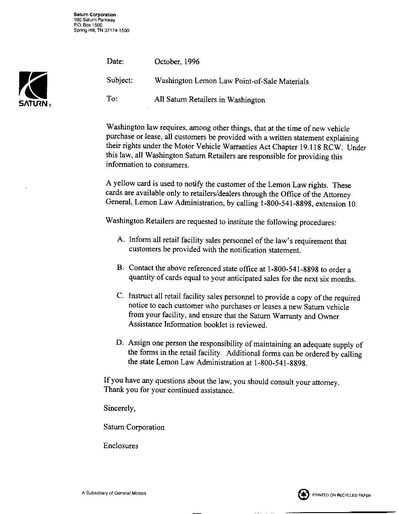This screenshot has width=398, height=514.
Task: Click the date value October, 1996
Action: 177,62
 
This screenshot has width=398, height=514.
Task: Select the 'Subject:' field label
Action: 120,80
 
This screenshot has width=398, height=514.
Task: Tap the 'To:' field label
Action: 112,99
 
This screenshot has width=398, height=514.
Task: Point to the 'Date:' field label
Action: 116,61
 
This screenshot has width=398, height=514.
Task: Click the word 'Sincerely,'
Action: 120,408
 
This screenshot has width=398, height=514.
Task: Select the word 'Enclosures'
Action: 121,446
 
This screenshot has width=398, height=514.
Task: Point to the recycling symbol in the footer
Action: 303,494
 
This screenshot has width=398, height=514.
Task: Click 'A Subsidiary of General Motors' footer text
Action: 114,493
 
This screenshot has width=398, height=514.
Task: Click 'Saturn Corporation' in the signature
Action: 134,427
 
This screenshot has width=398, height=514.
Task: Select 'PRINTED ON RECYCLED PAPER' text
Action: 341,495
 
